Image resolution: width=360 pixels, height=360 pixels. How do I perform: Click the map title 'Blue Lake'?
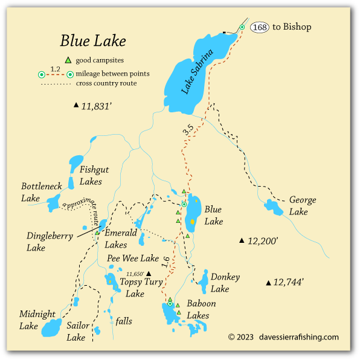pos(93,41)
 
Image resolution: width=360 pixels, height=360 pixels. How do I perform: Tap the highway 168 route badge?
pos(260,27)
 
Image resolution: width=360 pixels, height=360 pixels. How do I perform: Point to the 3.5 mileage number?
pos(188,129)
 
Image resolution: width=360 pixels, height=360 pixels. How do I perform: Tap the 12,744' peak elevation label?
pos(288,282)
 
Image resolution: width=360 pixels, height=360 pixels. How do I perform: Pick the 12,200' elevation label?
pos(262,240)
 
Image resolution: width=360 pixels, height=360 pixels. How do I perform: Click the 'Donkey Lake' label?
pos(225,283)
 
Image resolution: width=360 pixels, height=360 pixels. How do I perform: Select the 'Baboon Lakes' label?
pos(201,309)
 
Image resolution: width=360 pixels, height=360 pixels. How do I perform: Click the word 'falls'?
pos(123,321)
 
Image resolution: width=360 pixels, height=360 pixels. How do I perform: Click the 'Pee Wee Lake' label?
pos(133,259)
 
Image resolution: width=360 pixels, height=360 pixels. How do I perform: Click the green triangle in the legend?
pos(68,60)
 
